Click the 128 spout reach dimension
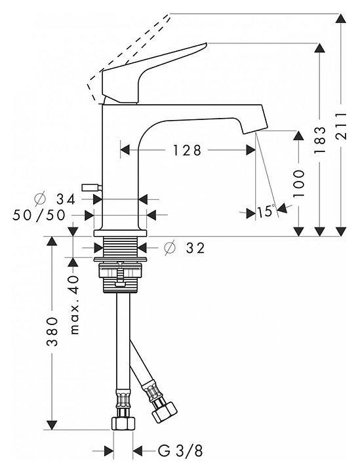click(187, 150)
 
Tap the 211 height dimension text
click(341, 126)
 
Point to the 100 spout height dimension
click(298, 183)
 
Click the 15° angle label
click(266, 212)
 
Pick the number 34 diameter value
click(66, 199)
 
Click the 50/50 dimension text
click(39, 215)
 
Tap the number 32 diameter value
click(195, 248)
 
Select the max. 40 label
click(74, 305)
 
